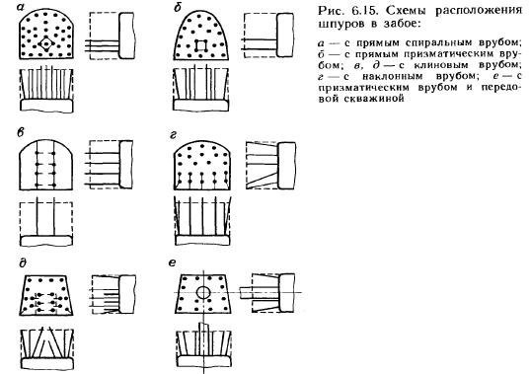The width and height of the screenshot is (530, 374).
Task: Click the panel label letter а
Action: coord(21,7)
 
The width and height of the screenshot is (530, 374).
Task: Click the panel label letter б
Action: coord(177,7)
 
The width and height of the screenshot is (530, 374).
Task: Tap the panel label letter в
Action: coord(21,132)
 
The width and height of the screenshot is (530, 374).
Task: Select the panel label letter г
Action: coord(173,135)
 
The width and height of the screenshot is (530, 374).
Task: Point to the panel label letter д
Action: coord(23,262)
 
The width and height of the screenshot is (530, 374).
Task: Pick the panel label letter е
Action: coord(172,262)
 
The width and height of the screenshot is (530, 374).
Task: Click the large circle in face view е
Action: coord(203,292)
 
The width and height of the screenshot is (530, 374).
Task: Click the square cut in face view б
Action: coord(200,45)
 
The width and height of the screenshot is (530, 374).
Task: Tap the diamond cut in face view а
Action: coord(46,43)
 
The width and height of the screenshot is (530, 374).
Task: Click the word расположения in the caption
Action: coord(479,11)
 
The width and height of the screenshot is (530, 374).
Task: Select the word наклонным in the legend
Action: coord(391,76)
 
